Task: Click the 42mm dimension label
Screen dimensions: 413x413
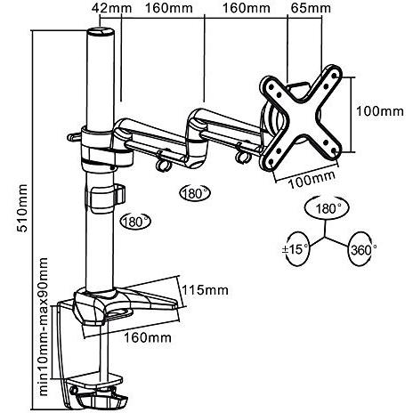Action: point(111,8)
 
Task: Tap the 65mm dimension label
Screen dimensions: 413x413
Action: point(311,8)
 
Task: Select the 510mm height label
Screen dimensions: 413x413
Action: point(22,208)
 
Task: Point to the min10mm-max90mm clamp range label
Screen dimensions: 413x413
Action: point(44,327)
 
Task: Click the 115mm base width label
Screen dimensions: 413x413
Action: point(205,290)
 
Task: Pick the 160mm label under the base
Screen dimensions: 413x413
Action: point(148,337)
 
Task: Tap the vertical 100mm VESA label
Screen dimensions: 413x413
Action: point(380,111)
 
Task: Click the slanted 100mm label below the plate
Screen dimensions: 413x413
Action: point(312,180)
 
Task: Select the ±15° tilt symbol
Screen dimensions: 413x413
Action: point(296,248)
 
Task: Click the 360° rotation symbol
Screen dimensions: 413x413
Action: point(362,249)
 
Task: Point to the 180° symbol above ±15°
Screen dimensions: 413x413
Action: point(327,208)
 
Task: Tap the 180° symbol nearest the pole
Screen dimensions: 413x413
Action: point(135,222)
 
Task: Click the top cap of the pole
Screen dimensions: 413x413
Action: point(101,31)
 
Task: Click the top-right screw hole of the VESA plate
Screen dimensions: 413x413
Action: point(335,75)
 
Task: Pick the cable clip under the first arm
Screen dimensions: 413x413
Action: point(163,162)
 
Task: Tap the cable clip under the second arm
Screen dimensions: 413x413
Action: point(242,154)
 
